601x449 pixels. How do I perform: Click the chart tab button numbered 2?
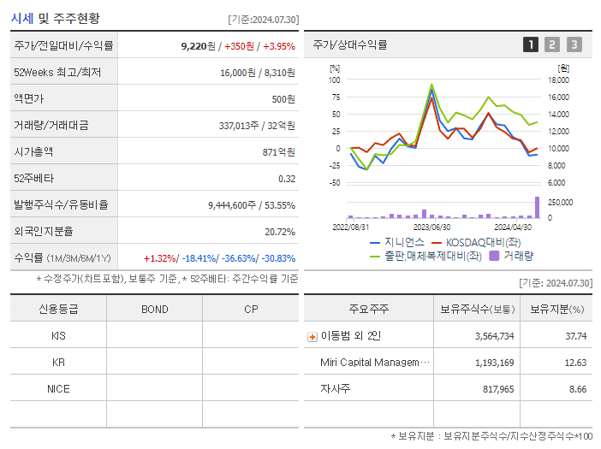click(x=552, y=44)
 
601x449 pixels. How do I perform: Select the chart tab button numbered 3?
click(x=574, y=44)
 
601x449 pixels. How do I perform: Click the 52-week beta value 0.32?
click(x=286, y=178)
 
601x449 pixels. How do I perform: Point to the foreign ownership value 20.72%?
click(x=280, y=231)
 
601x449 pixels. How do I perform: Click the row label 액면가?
click(x=28, y=98)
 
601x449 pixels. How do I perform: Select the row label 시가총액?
click(x=33, y=151)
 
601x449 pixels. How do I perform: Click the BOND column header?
click(x=154, y=309)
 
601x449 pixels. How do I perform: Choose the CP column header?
click(x=251, y=309)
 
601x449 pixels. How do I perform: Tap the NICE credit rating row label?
click(x=58, y=388)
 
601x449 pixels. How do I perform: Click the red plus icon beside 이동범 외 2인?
click(x=312, y=337)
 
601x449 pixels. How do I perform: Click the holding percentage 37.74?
click(x=576, y=336)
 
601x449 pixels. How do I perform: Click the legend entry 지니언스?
click(x=399, y=242)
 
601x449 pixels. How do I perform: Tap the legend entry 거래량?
click(x=519, y=255)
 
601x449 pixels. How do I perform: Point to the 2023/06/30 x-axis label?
click(x=432, y=227)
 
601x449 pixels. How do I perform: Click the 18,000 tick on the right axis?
click(x=557, y=80)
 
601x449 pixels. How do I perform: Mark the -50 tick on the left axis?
click(x=335, y=182)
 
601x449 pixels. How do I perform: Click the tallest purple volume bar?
click(x=538, y=208)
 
